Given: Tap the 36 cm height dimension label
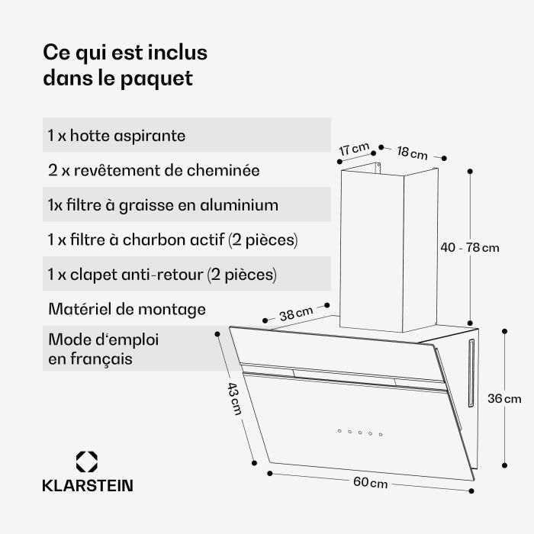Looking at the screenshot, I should [x=504, y=398].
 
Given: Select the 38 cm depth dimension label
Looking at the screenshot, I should [x=295, y=313].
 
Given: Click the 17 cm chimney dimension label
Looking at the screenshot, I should [x=354, y=149].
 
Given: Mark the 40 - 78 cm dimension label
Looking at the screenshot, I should [x=470, y=247].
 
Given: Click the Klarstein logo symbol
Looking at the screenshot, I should [x=87, y=462].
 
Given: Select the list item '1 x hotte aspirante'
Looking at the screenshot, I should [x=117, y=136].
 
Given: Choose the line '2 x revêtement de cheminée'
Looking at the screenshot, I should [x=153, y=170].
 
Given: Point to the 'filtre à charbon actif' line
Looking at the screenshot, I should [x=172, y=240].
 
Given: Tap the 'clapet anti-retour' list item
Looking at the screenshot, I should [x=162, y=274].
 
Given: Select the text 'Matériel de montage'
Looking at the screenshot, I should [x=127, y=309].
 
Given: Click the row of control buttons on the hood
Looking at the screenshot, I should [x=359, y=433].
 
